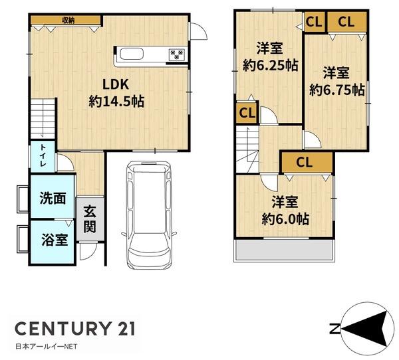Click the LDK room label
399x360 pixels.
click(116, 84)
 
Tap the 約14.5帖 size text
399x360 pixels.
click(116, 102)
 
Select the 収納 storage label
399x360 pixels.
click(68, 20)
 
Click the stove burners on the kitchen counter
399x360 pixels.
click(177, 54)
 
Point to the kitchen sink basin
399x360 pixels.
click(132, 54)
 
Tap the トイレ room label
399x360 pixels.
click(43, 155)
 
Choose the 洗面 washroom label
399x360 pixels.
click(53, 199)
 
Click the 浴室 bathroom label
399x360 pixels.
click(55, 240)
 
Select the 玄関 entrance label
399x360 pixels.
click(90, 219)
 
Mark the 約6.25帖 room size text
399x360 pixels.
click(270, 66)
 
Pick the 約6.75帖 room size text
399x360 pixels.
click(337, 90)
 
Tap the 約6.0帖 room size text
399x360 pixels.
click(285, 219)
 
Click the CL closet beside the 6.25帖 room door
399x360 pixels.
click(247, 113)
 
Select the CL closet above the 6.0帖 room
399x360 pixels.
click(307, 162)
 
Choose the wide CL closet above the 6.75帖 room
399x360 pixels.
click(346, 22)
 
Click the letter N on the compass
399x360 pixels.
click(334, 329)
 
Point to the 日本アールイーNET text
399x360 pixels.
click(47, 347)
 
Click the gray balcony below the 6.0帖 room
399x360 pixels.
click(283, 250)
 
